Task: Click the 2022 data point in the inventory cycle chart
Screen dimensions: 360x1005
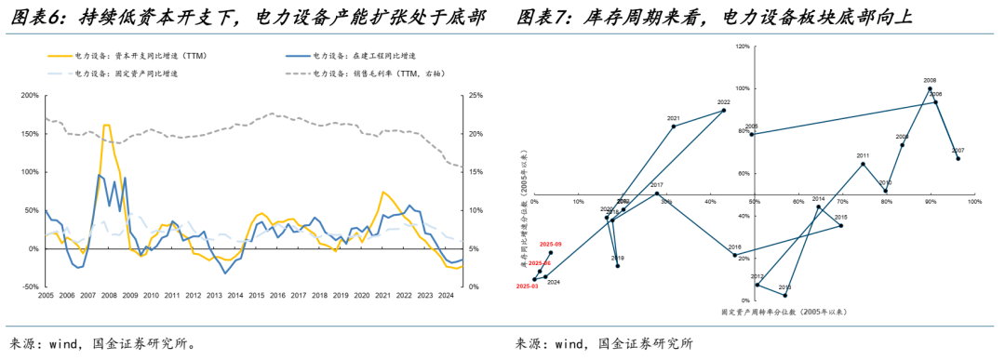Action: pyautogui.click(x=724, y=111)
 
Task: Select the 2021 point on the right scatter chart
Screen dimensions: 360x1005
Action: pyautogui.click(x=674, y=126)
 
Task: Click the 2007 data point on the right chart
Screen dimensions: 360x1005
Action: pyautogui.click(x=958, y=159)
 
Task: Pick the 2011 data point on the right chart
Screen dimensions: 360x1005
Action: pyautogui.click(x=863, y=164)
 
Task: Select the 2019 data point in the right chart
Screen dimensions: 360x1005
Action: pyautogui.click(x=617, y=266)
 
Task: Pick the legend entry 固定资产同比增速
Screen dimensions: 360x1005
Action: pyautogui.click(x=129, y=72)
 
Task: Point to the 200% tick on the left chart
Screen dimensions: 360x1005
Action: pyautogui.click(x=28, y=95)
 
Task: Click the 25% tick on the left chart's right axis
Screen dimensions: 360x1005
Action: pyautogui.click(x=474, y=95)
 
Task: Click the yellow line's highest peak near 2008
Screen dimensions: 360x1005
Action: pyautogui.click(x=106, y=125)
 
